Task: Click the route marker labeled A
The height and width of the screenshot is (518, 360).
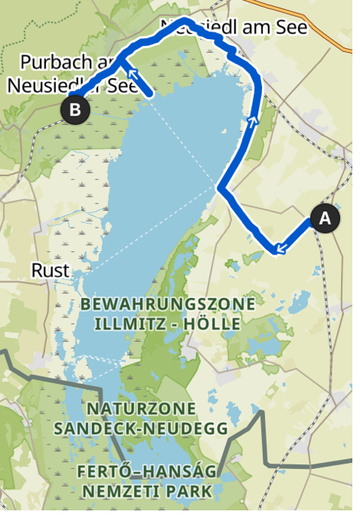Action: coord(325,219)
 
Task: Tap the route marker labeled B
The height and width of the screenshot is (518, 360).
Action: coord(74,110)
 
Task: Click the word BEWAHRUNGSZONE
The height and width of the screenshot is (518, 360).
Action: coord(168,304)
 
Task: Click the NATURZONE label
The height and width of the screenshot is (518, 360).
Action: coord(142,408)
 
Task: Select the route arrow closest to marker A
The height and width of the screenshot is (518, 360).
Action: coord(280,247)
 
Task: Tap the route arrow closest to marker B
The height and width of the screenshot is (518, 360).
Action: coord(132,74)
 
